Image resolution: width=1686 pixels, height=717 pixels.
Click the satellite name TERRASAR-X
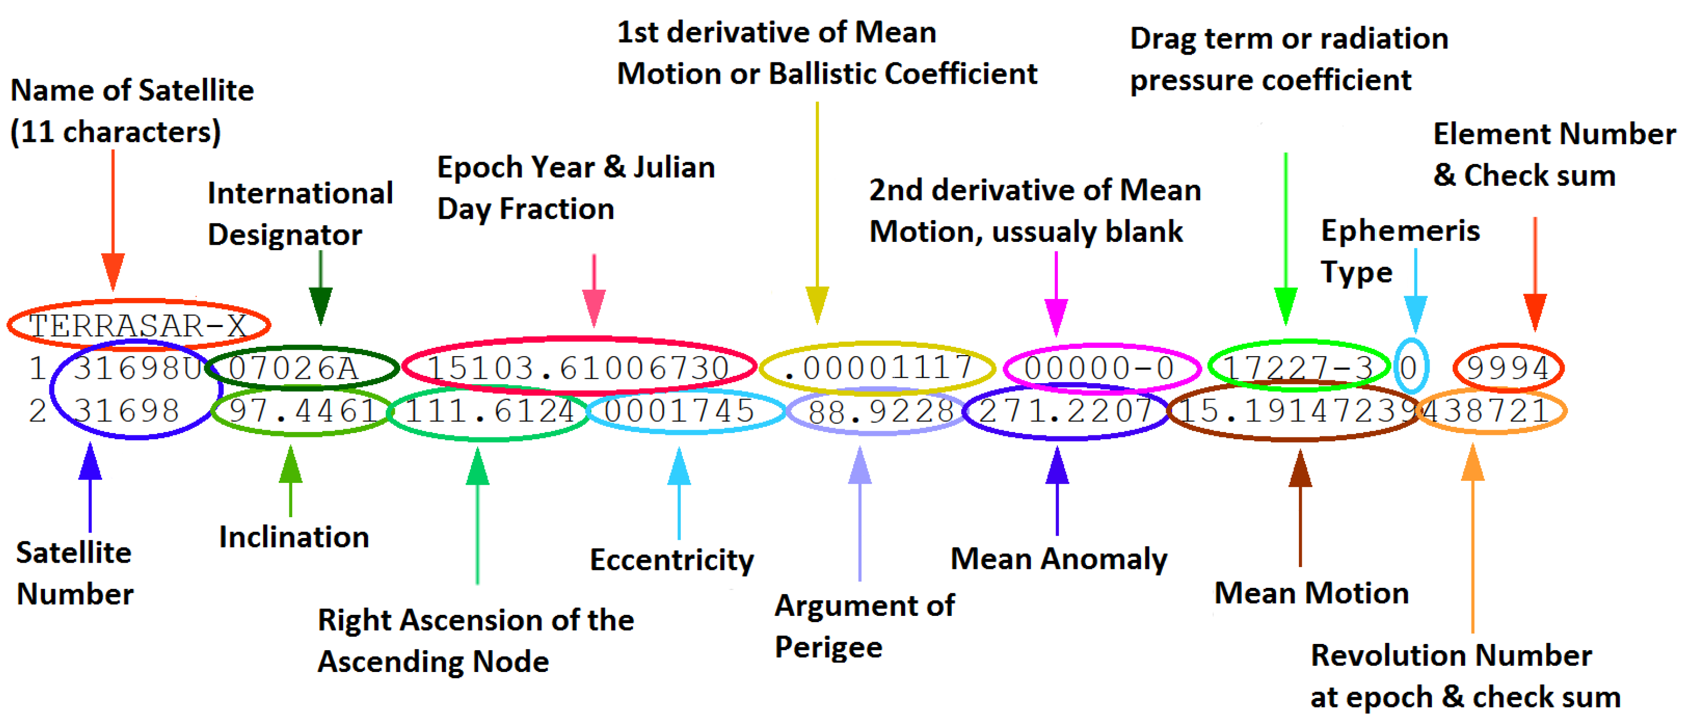pyautogui.click(x=137, y=325)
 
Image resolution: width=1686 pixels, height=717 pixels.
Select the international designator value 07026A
pyautogui.click(x=293, y=368)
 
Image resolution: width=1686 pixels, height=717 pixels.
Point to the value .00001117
pyautogui.click(x=877, y=368)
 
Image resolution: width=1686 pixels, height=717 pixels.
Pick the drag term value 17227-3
pyautogui.click(x=1298, y=368)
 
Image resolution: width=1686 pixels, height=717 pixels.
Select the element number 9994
pyautogui.click(x=1507, y=368)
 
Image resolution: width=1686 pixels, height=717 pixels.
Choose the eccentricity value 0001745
pyautogui.click(x=679, y=411)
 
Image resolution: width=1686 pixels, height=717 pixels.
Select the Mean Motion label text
pyautogui.click(x=1311, y=593)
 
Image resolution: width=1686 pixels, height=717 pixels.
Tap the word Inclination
pyautogui.click(x=294, y=537)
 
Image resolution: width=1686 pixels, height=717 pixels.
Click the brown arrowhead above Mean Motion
pyautogui.click(x=1300, y=469)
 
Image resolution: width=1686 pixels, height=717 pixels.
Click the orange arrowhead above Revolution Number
pyautogui.click(x=1473, y=463)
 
